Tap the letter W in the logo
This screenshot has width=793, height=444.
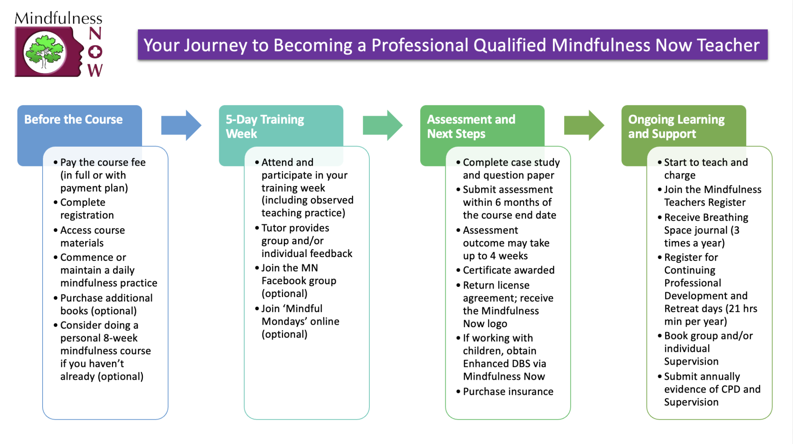point(95,70)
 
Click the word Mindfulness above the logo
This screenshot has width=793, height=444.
point(58,18)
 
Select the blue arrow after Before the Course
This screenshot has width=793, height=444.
point(181,125)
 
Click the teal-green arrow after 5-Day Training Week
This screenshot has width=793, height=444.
point(382,125)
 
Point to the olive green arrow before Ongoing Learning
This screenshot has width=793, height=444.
point(584,125)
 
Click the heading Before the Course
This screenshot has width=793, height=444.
point(73,119)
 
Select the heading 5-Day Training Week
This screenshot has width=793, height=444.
point(265,126)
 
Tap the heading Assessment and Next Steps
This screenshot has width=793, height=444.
point(471,126)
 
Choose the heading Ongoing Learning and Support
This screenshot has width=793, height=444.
point(676,126)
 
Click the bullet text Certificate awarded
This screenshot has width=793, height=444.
point(508,270)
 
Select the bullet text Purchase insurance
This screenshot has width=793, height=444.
point(508,391)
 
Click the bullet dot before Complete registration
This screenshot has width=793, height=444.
point(56,202)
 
